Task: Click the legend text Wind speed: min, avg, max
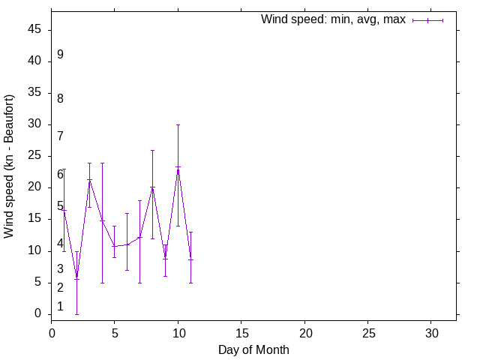[333, 19]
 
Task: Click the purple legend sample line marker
[427, 20]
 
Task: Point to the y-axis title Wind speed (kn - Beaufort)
[10, 166]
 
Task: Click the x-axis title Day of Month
[253, 349]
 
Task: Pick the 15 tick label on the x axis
[241, 331]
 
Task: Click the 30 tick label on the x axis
[431, 331]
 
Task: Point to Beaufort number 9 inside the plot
[60, 55]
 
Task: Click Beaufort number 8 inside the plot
[60, 98]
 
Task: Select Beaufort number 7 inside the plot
[60, 136]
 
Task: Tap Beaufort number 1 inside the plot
[60, 306]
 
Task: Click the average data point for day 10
[178, 167]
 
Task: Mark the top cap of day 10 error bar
[178, 124]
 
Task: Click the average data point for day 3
[89, 180]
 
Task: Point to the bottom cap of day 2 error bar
[76, 313]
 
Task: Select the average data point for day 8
[152, 187]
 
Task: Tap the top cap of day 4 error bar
[102, 163]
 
